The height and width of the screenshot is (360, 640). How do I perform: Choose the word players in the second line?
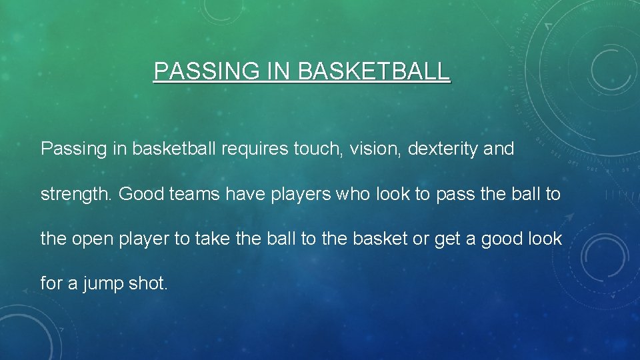tap(291, 195)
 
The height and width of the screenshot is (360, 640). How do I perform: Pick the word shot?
tap(148, 283)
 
